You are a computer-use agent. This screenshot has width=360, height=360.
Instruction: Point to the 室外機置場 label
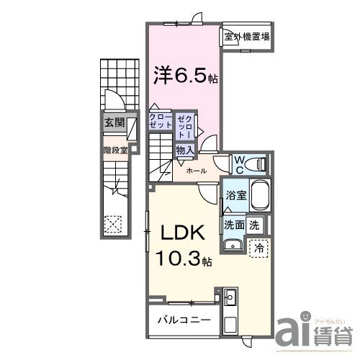point(246,37)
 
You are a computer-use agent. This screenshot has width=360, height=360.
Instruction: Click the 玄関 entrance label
point(114,123)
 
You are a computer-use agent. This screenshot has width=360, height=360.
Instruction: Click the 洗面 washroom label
point(235,224)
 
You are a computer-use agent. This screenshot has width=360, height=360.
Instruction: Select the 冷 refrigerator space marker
point(259,247)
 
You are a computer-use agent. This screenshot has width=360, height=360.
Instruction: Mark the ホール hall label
point(197,171)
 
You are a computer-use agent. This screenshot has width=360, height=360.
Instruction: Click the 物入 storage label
point(184,150)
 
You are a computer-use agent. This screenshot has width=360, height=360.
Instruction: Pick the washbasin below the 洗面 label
point(232,247)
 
